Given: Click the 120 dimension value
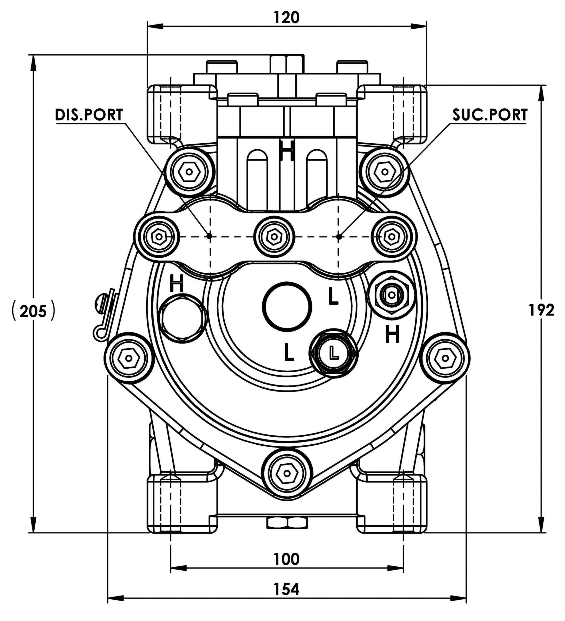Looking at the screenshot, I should coord(286,18).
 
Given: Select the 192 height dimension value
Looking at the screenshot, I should coord(541,310).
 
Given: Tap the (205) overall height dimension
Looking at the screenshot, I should coord(33,312).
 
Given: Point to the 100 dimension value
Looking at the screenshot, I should coord(286,559).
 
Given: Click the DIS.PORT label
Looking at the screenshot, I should coord(89,115).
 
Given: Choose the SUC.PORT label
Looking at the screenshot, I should coord(490,115).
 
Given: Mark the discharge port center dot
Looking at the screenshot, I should coord(210,236).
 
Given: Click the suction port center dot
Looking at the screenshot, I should coord(339,236).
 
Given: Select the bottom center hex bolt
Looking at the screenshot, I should coord(287,473).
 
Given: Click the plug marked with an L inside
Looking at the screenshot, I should coord(334,353).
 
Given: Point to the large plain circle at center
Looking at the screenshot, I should coord(287,305).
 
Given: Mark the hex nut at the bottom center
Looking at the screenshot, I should coord(287,523).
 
